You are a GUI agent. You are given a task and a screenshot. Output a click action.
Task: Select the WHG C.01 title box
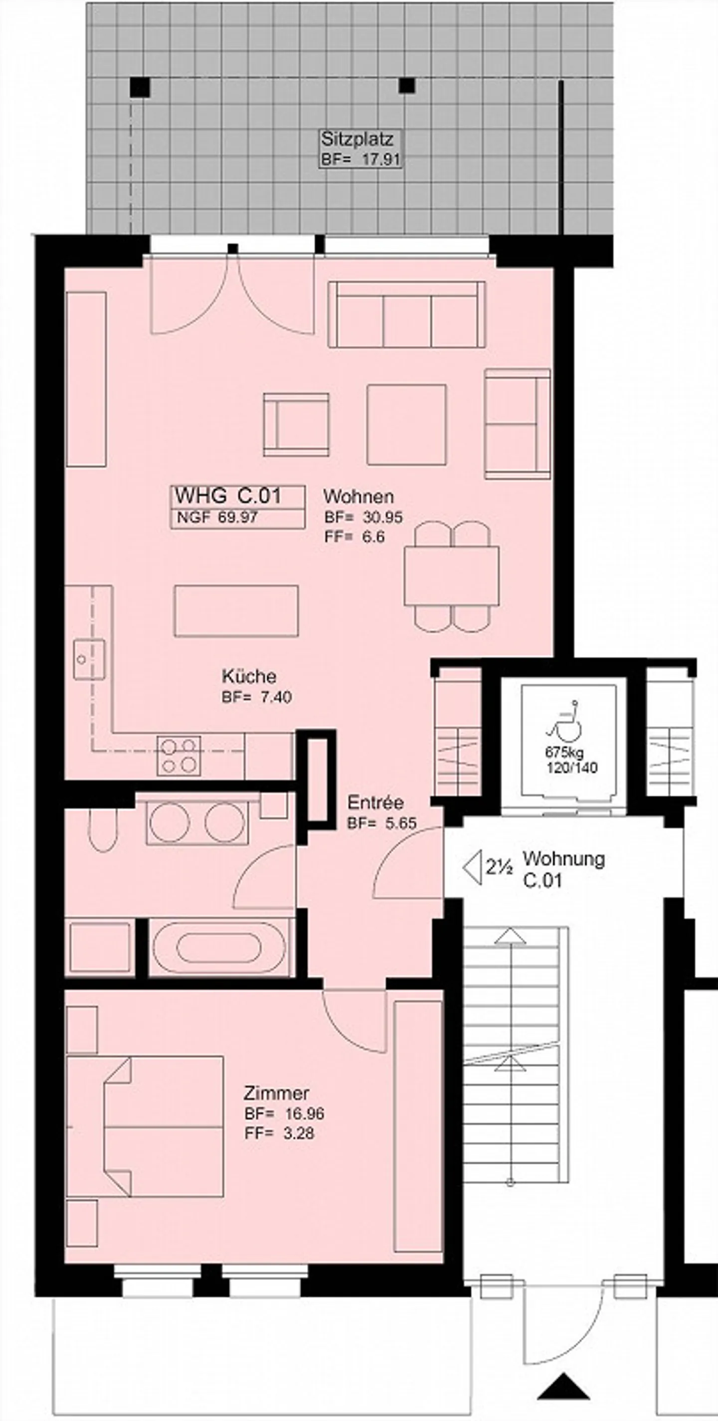pos(238,507)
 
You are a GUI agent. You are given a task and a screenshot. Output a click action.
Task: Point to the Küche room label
pos(249,676)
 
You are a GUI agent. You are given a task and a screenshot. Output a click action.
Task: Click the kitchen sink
pos(89,659)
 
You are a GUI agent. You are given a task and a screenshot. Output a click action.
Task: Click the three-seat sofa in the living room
pos(407,315)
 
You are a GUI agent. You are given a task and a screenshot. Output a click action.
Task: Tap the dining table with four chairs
pos(451,577)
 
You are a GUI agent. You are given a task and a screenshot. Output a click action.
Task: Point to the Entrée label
pos(375,802)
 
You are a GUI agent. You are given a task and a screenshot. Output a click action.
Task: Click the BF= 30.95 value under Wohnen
pos(363,517)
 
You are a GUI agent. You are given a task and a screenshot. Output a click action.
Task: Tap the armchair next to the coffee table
pos(296,425)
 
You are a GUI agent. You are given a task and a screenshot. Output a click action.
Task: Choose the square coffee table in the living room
pos(407,424)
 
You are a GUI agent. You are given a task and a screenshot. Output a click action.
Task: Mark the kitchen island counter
pos(236,611)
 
